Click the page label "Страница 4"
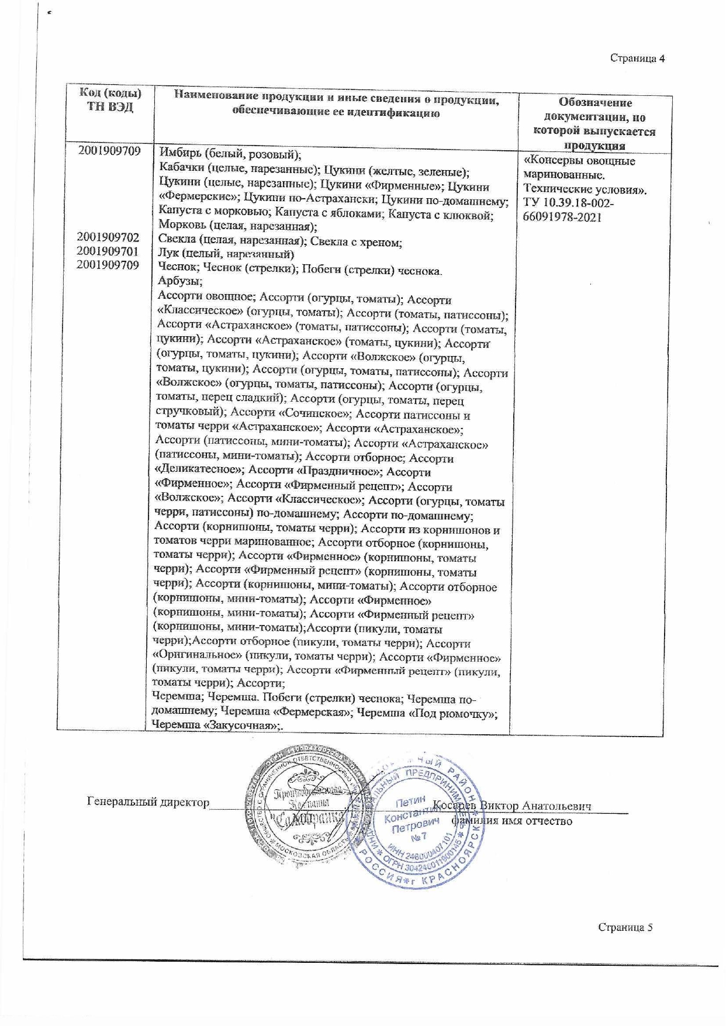(x=638, y=58)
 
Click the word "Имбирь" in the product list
(x=179, y=154)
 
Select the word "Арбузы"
(x=172, y=281)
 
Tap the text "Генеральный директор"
(x=148, y=802)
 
